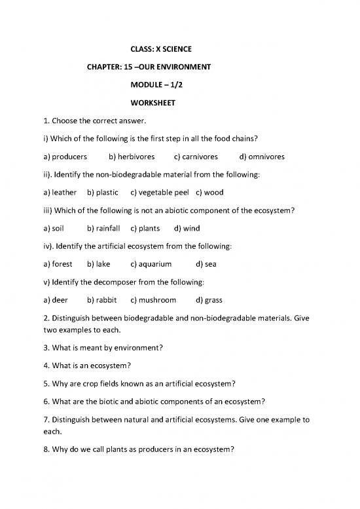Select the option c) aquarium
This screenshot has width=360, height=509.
[x=151, y=264]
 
